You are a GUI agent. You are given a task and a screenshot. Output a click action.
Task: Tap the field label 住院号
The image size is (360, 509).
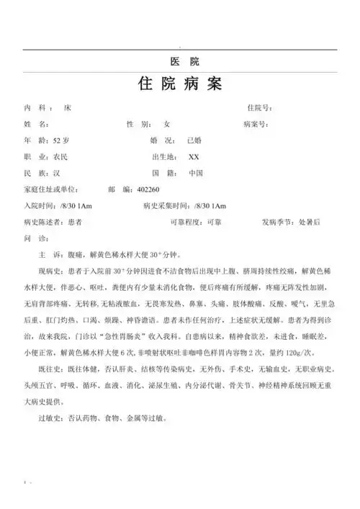[258, 108]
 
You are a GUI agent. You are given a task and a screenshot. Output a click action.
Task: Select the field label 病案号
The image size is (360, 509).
[256, 125]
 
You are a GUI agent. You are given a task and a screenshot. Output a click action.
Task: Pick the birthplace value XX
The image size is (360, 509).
[194, 157]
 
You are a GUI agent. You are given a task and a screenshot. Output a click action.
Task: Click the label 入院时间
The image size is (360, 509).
[41, 206]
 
